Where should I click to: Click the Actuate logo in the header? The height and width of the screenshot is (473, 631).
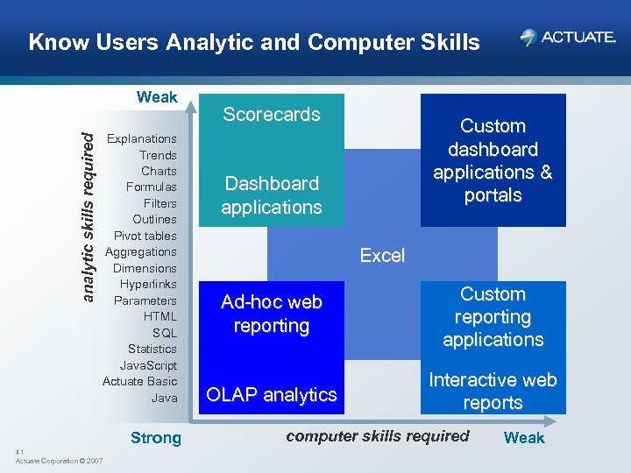click(x=567, y=37)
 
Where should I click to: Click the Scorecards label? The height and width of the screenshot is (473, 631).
click(x=272, y=114)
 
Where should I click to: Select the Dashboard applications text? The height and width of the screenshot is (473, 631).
click(x=271, y=195)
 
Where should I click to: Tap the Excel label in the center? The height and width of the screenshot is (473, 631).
click(x=383, y=256)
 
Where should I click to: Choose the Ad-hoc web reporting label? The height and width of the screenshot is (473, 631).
click(x=272, y=314)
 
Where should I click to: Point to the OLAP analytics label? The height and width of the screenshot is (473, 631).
click(x=271, y=395)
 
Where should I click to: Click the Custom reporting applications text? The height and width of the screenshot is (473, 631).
click(x=493, y=317)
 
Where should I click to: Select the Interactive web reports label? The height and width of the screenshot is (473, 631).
click(x=493, y=392)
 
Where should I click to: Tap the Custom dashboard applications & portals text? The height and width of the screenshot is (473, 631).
click(x=493, y=160)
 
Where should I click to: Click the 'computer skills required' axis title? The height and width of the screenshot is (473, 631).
click(x=378, y=436)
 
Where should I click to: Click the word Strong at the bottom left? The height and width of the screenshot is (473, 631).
click(x=155, y=438)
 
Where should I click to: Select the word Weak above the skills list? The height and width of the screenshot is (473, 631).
click(x=157, y=97)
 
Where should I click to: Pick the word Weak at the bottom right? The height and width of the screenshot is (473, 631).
click(x=524, y=438)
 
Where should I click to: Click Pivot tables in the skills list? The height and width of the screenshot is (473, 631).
click(x=145, y=236)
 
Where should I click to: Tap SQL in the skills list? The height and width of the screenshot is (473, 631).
click(x=164, y=333)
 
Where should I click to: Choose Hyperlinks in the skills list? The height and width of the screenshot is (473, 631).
click(x=148, y=284)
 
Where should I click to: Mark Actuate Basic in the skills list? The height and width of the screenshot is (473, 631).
click(x=139, y=381)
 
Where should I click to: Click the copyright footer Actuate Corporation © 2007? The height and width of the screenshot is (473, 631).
click(x=59, y=461)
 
